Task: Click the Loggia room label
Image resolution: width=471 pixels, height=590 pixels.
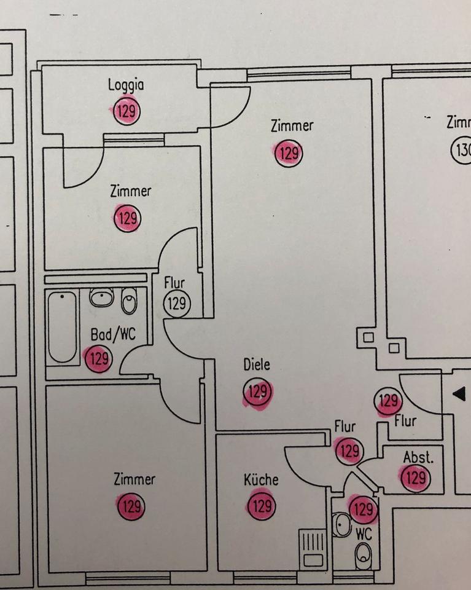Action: click(x=126, y=85)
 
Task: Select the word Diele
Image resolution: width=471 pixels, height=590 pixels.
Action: click(x=256, y=364)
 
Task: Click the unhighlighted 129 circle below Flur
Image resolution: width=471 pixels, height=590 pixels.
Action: click(x=177, y=303)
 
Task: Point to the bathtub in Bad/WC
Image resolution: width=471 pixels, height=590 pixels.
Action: click(x=63, y=326)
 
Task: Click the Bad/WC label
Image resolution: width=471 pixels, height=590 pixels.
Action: click(x=112, y=335)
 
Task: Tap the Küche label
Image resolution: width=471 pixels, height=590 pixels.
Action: click(x=261, y=479)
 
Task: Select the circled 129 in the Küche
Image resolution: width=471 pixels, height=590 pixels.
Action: click(x=262, y=506)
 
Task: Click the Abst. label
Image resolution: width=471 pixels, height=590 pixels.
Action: click(x=418, y=457)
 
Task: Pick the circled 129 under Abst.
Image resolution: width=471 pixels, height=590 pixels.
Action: click(x=416, y=478)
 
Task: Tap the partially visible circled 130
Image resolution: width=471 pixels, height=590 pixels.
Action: click(x=462, y=149)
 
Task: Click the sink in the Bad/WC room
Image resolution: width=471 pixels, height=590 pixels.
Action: click(x=101, y=297)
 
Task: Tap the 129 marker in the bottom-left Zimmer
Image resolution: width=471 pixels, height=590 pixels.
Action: click(x=130, y=507)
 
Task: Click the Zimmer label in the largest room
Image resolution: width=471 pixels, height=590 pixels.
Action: click(x=292, y=126)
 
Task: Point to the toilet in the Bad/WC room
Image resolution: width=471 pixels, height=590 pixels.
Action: click(x=129, y=301)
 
